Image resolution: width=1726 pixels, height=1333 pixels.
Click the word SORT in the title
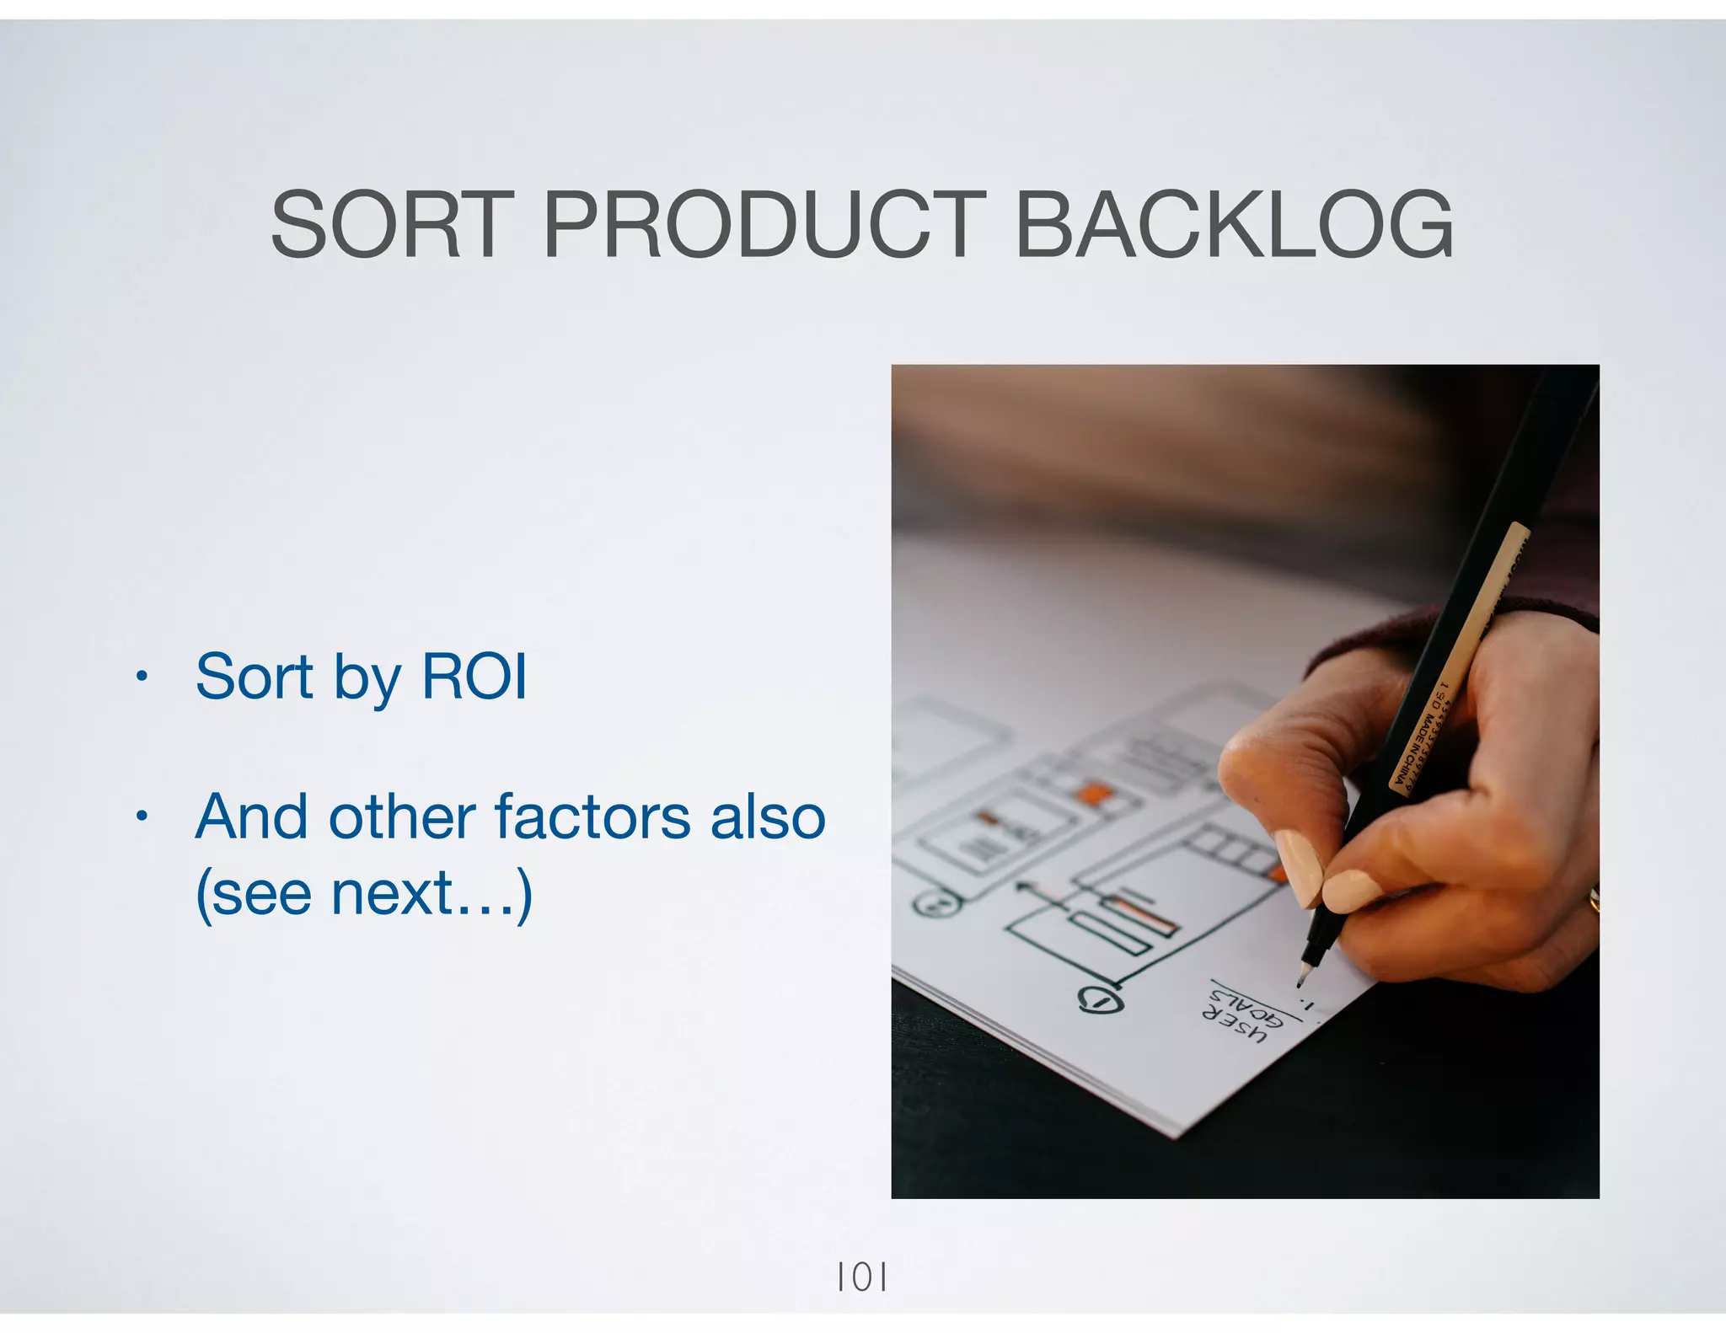click(x=393, y=225)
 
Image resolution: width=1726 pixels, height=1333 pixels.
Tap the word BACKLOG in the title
click(x=1234, y=225)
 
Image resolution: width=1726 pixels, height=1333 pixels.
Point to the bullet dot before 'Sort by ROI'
click(x=142, y=676)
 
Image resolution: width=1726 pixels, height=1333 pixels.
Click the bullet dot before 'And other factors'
click(x=142, y=816)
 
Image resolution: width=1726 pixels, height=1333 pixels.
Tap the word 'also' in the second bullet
click(x=768, y=816)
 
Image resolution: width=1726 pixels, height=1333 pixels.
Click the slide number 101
click(x=861, y=1278)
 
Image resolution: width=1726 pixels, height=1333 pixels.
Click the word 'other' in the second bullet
click(x=402, y=816)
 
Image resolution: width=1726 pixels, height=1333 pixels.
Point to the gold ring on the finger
click(x=1593, y=899)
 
